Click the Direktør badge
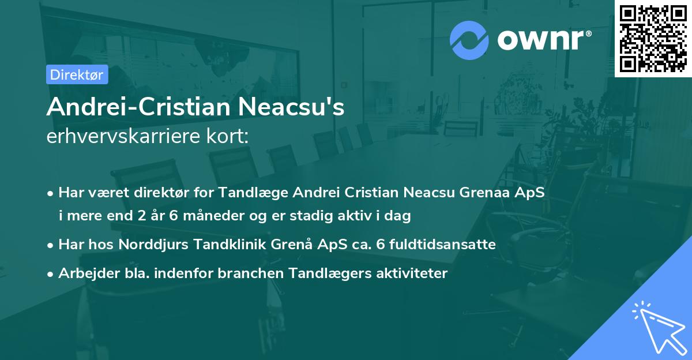click(x=77, y=74)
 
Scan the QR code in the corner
click(x=653, y=39)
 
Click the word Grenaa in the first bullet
click(x=482, y=192)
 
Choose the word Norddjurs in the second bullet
click(x=147, y=245)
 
